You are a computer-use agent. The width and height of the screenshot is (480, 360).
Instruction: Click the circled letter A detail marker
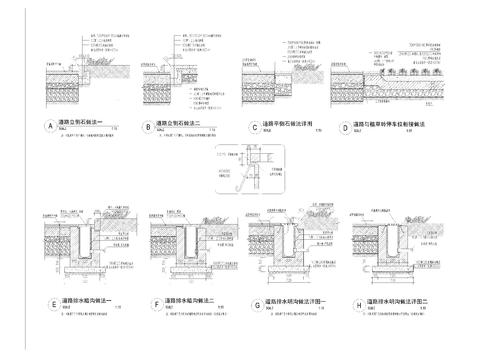pos(48,127)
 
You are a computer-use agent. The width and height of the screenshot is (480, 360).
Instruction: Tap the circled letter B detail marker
pos(148,127)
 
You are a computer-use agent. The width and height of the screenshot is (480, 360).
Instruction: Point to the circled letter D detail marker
pos(344,127)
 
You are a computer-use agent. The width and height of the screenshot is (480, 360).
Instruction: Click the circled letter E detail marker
pos(52,302)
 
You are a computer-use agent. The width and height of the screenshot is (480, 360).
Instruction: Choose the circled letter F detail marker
pos(157,302)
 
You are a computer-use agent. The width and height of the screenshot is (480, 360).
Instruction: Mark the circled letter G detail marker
pos(257,302)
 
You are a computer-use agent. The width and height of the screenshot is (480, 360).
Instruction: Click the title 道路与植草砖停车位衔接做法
pos(390,125)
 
